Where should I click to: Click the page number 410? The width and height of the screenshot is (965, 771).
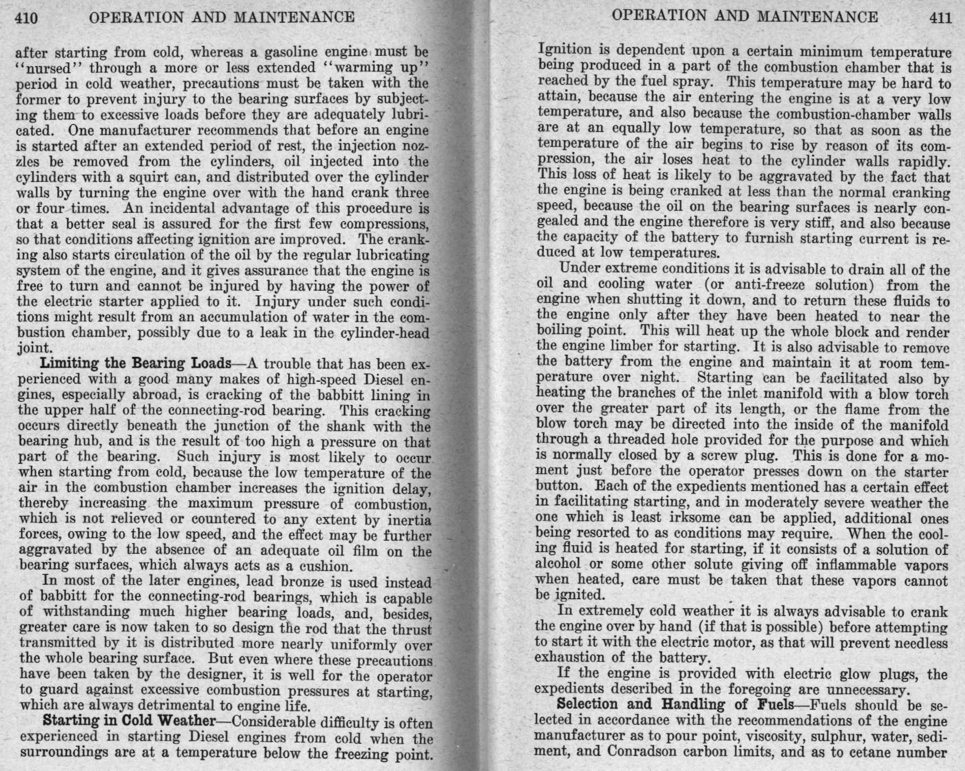25,17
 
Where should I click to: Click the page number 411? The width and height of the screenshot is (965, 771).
940,17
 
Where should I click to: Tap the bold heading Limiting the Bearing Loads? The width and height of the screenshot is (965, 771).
136,362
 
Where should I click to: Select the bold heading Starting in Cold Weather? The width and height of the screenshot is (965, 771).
129,721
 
